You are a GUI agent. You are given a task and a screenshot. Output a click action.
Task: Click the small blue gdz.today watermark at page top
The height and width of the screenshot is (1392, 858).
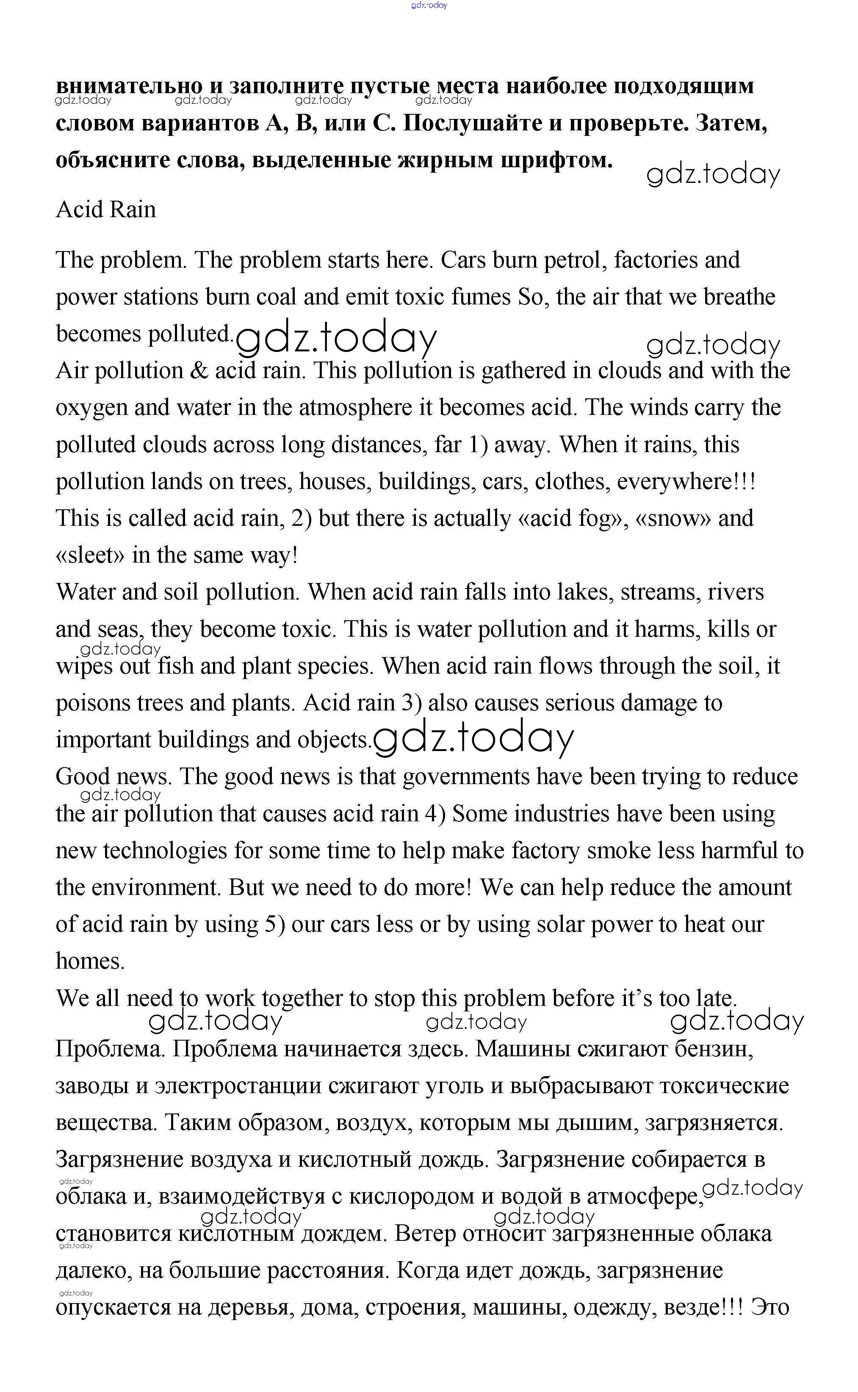(x=429, y=5)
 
